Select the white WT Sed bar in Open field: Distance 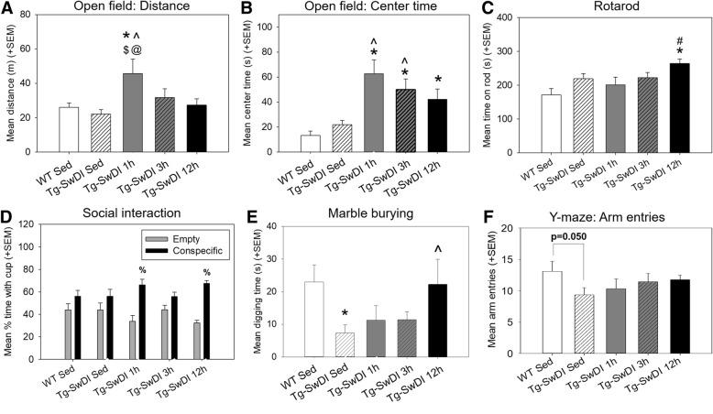coord(69,129)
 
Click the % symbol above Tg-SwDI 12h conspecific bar coord(207,272)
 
